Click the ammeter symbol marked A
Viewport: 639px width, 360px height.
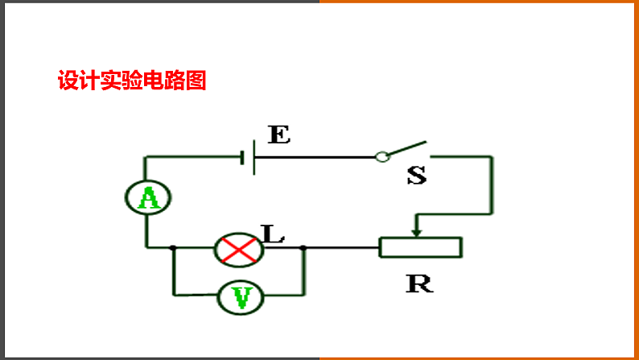click(x=148, y=197)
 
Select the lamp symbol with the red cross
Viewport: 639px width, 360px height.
click(x=238, y=249)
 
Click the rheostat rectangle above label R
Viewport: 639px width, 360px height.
click(x=421, y=247)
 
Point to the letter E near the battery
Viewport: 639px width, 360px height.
click(x=278, y=134)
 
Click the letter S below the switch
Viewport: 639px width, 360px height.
click(x=416, y=175)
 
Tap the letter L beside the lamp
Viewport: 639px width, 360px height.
click(x=274, y=234)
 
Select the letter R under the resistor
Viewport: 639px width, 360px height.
click(x=419, y=283)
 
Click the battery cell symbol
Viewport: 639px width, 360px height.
click(x=249, y=157)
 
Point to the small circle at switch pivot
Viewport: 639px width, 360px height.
click(x=382, y=157)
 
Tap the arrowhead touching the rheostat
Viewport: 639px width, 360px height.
click(x=416, y=231)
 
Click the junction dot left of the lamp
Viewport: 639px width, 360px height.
click(x=173, y=248)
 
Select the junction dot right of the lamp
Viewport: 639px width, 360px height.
click(x=303, y=248)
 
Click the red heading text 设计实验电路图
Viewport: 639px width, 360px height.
click(x=132, y=81)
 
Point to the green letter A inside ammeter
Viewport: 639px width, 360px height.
click(x=148, y=197)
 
